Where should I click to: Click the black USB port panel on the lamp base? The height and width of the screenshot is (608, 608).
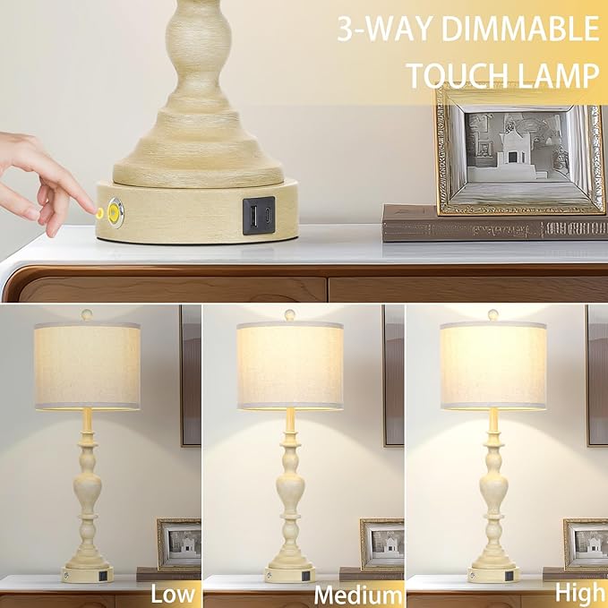258,216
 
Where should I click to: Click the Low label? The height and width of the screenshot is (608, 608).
173,593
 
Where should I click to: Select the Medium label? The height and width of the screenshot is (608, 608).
358,595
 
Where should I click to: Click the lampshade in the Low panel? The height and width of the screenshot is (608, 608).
87,365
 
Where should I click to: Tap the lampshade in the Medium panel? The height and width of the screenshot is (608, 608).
290,365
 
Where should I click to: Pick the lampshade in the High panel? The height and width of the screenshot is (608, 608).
493,365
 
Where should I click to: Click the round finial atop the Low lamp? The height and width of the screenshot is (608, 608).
87,315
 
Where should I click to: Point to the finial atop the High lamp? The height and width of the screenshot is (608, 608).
493,315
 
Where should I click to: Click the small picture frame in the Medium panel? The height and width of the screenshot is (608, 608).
382,544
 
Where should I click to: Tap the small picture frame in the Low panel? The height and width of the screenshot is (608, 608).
179,544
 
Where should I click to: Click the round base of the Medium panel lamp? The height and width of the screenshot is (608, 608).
290,574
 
